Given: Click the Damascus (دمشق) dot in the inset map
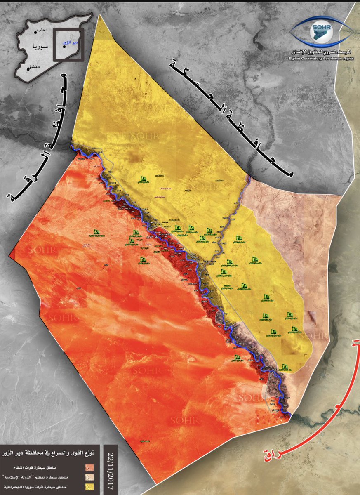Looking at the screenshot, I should pos(28,69).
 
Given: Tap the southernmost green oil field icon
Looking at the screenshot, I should pos(284,367).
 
